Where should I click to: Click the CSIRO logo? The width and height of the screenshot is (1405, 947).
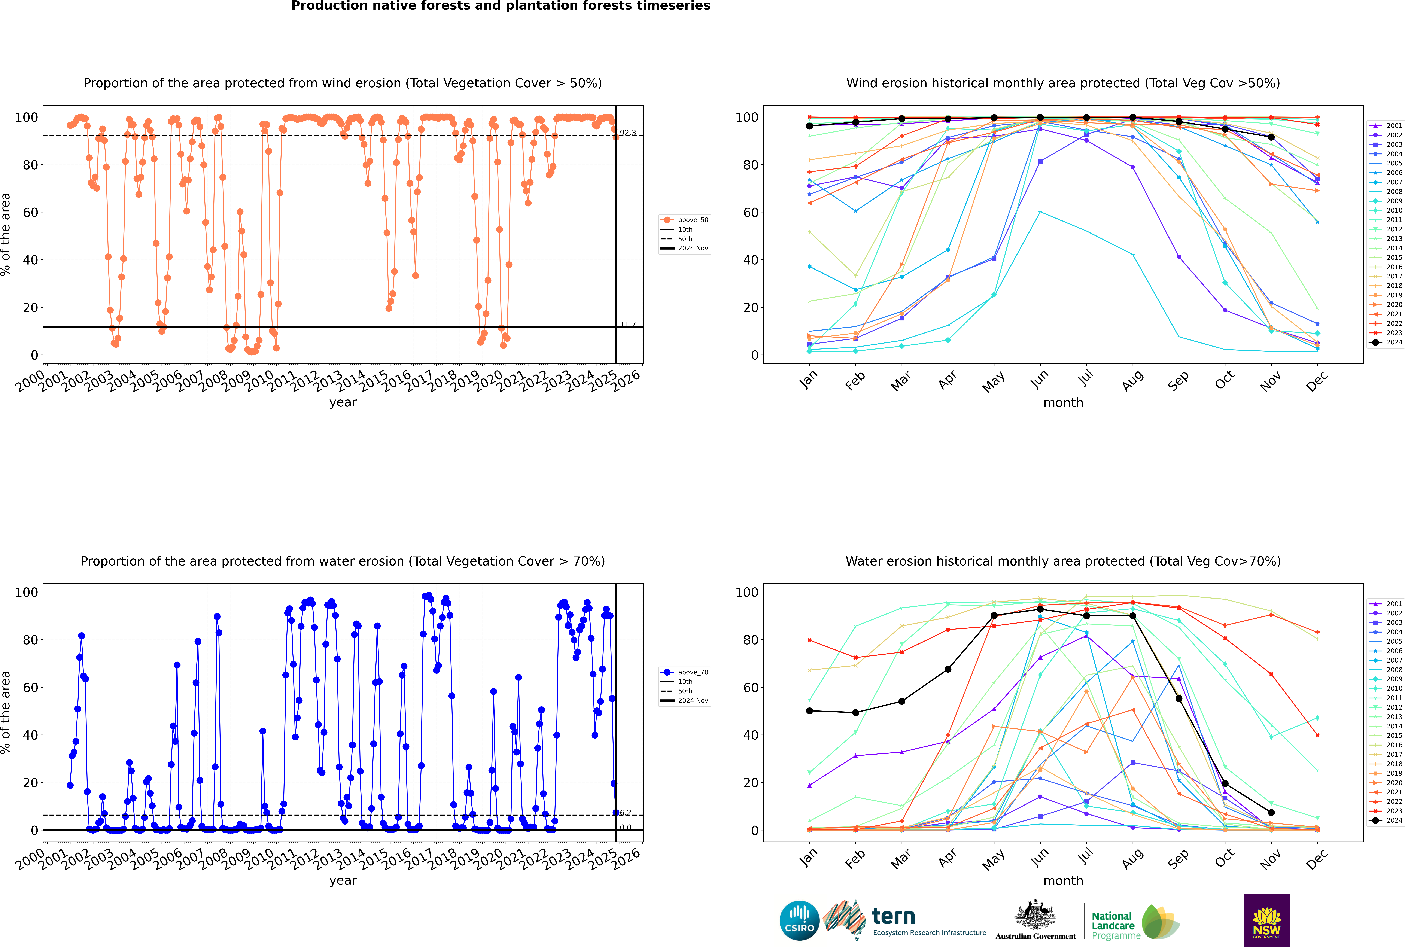click(799, 920)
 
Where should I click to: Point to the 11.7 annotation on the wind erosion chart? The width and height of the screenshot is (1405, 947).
click(628, 324)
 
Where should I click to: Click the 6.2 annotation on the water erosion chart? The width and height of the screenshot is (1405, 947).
click(626, 813)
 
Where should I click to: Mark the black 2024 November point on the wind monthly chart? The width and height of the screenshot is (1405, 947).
click(1271, 137)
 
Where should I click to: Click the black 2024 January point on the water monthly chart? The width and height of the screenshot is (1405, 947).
click(809, 711)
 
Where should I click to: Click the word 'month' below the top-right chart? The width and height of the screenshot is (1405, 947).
click(1063, 403)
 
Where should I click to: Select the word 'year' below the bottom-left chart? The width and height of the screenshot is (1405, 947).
click(343, 881)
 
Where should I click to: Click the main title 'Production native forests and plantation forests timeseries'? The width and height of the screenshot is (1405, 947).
click(501, 6)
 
